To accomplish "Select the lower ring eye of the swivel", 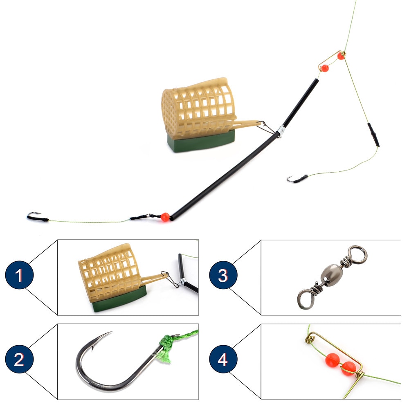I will [x=306, y=298].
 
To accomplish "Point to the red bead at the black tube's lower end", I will [x=165, y=217].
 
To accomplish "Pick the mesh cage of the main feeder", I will [x=198, y=104].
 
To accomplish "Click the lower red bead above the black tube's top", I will [x=324, y=68].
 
